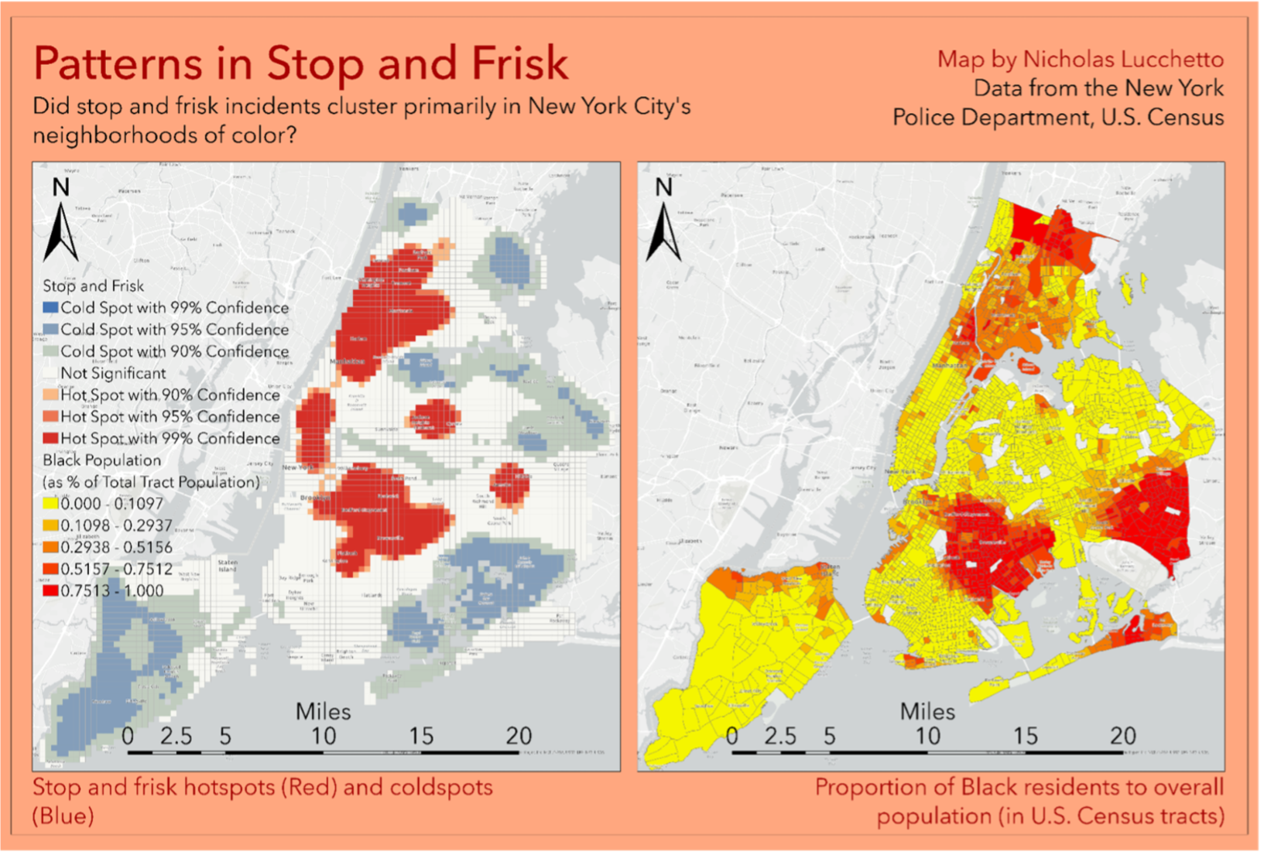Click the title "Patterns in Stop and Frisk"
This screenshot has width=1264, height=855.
[301, 63]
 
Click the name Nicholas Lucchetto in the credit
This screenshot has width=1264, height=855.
[1123, 60]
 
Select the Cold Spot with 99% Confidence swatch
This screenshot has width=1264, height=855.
[51, 308]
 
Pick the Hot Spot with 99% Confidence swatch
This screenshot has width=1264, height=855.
[51, 439]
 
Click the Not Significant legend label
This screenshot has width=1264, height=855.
[113, 373]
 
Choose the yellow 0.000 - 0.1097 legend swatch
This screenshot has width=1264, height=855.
[51, 504]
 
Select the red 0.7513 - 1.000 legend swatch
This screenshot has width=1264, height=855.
[51, 591]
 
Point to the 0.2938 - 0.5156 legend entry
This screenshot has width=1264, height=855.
[116, 547]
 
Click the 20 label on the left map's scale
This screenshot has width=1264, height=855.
[519, 736]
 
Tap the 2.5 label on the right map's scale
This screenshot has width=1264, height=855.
[780, 736]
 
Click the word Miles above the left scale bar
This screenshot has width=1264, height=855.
[323, 712]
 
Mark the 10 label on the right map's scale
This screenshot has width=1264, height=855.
[927, 736]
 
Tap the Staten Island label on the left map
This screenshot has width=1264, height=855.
[228, 566]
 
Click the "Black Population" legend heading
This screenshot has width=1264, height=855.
[102, 460]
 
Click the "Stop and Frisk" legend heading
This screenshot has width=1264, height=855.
[93, 286]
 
